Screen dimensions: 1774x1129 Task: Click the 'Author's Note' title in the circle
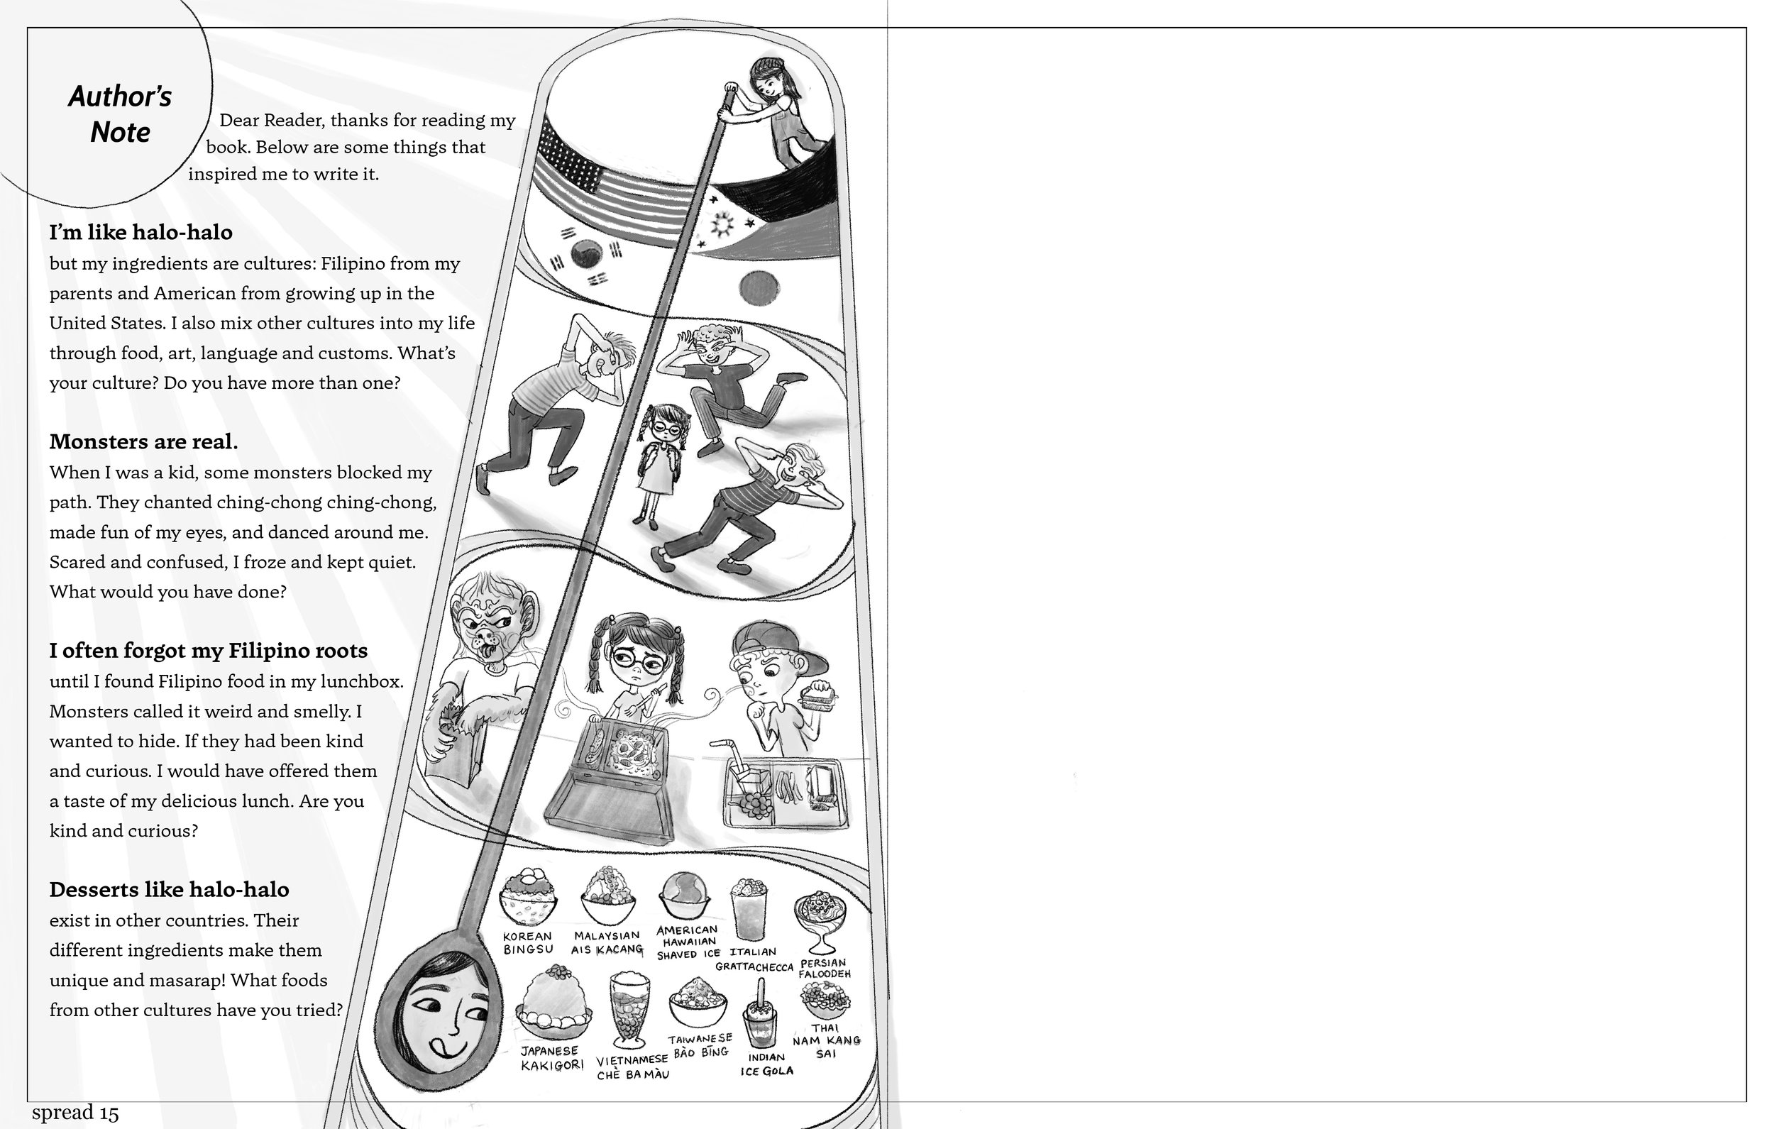tap(120, 114)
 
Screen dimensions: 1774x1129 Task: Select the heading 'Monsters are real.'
tap(143, 441)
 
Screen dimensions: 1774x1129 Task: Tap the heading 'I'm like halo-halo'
tap(141, 232)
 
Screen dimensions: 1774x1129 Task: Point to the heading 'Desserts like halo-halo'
tap(169, 889)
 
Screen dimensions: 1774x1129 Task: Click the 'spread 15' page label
tap(75, 1112)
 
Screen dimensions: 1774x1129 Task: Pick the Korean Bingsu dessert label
tap(527, 942)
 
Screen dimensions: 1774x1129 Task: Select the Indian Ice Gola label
tap(767, 1064)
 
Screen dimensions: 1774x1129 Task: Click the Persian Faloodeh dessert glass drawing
tap(820, 922)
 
